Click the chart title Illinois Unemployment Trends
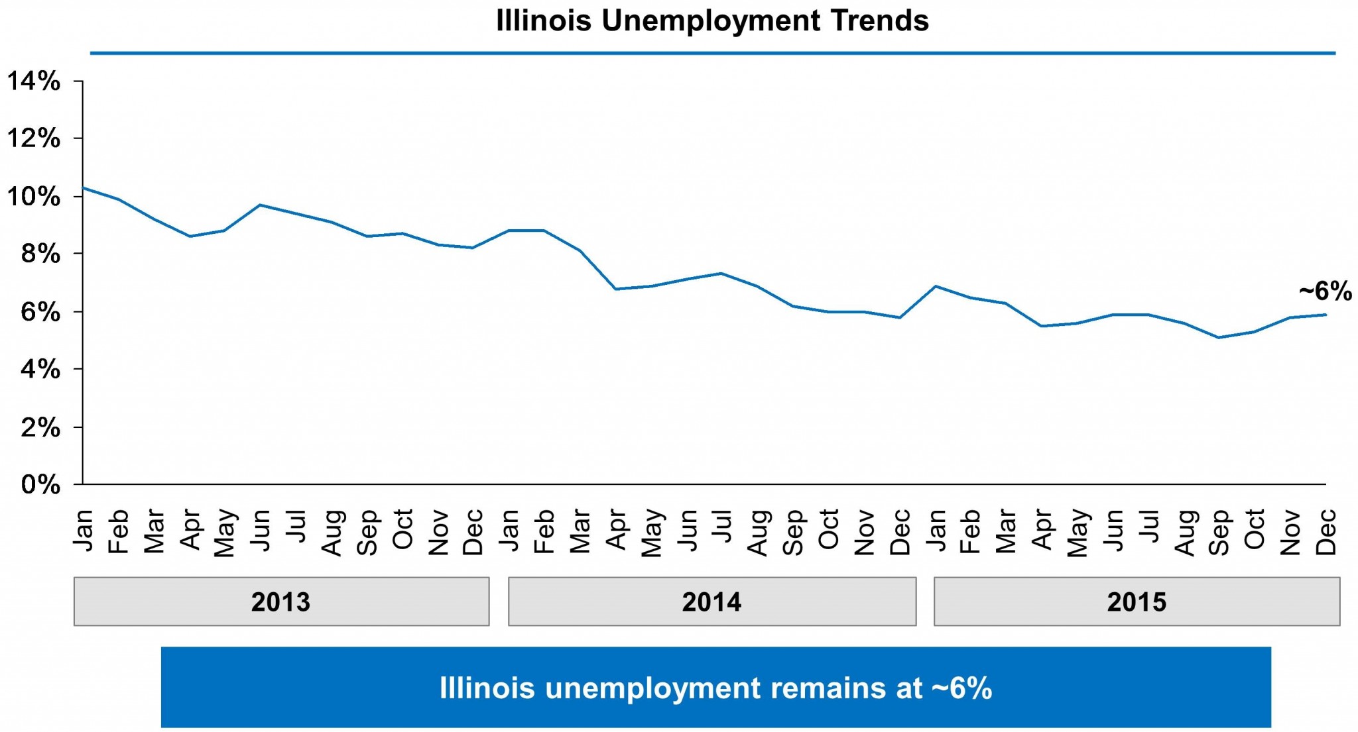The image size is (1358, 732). click(712, 21)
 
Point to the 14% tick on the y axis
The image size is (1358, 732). click(33, 81)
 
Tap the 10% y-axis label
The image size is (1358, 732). click(33, 197)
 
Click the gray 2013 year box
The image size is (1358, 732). click(281, 601)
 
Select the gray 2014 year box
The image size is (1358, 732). click(712, 601)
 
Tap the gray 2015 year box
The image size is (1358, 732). click(1137, 601)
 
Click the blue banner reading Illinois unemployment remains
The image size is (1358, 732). click(715, 688)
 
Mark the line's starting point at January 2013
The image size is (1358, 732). click(83, 187)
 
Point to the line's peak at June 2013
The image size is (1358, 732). click(261, 205)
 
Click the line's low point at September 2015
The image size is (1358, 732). click(1219, 338)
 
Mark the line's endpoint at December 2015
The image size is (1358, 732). click(1326, 315)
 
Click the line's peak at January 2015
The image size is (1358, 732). click(935, 286)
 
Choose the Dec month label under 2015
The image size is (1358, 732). click(1326, 531)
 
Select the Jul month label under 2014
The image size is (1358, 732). click(722, 527)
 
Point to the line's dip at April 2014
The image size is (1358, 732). click(615, 289)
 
